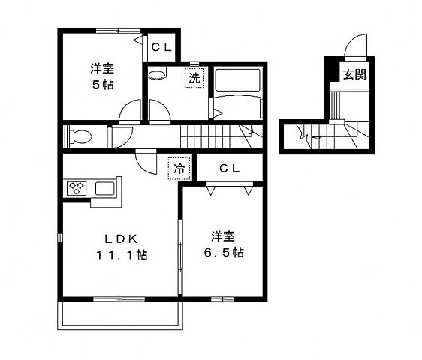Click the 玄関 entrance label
pyautogui.click(x=354, y=74)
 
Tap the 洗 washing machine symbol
pyautogui.click(x=194, y=77)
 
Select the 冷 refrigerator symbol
pyautogui.click(x=179, y=169)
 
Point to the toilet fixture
pyautogui.click(x=80, y=137)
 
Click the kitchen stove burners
pyautogui.click(x=77, y=188)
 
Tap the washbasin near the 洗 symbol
pyautogui.click(x=157, y=76)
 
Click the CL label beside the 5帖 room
pyautogui.click(x=161, y=48)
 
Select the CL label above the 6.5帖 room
pyautogui.click(x=229, y=169)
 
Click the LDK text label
pyautogui.click(x=119, y=238)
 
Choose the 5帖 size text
pyautogui.click(x=103, y=83)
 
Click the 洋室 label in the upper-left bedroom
pyautogui.click(x=104, y=67)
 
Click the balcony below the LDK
pyautogui.click(x=120, y=314)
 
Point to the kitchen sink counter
pyautogui.click(x=106, y=188)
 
